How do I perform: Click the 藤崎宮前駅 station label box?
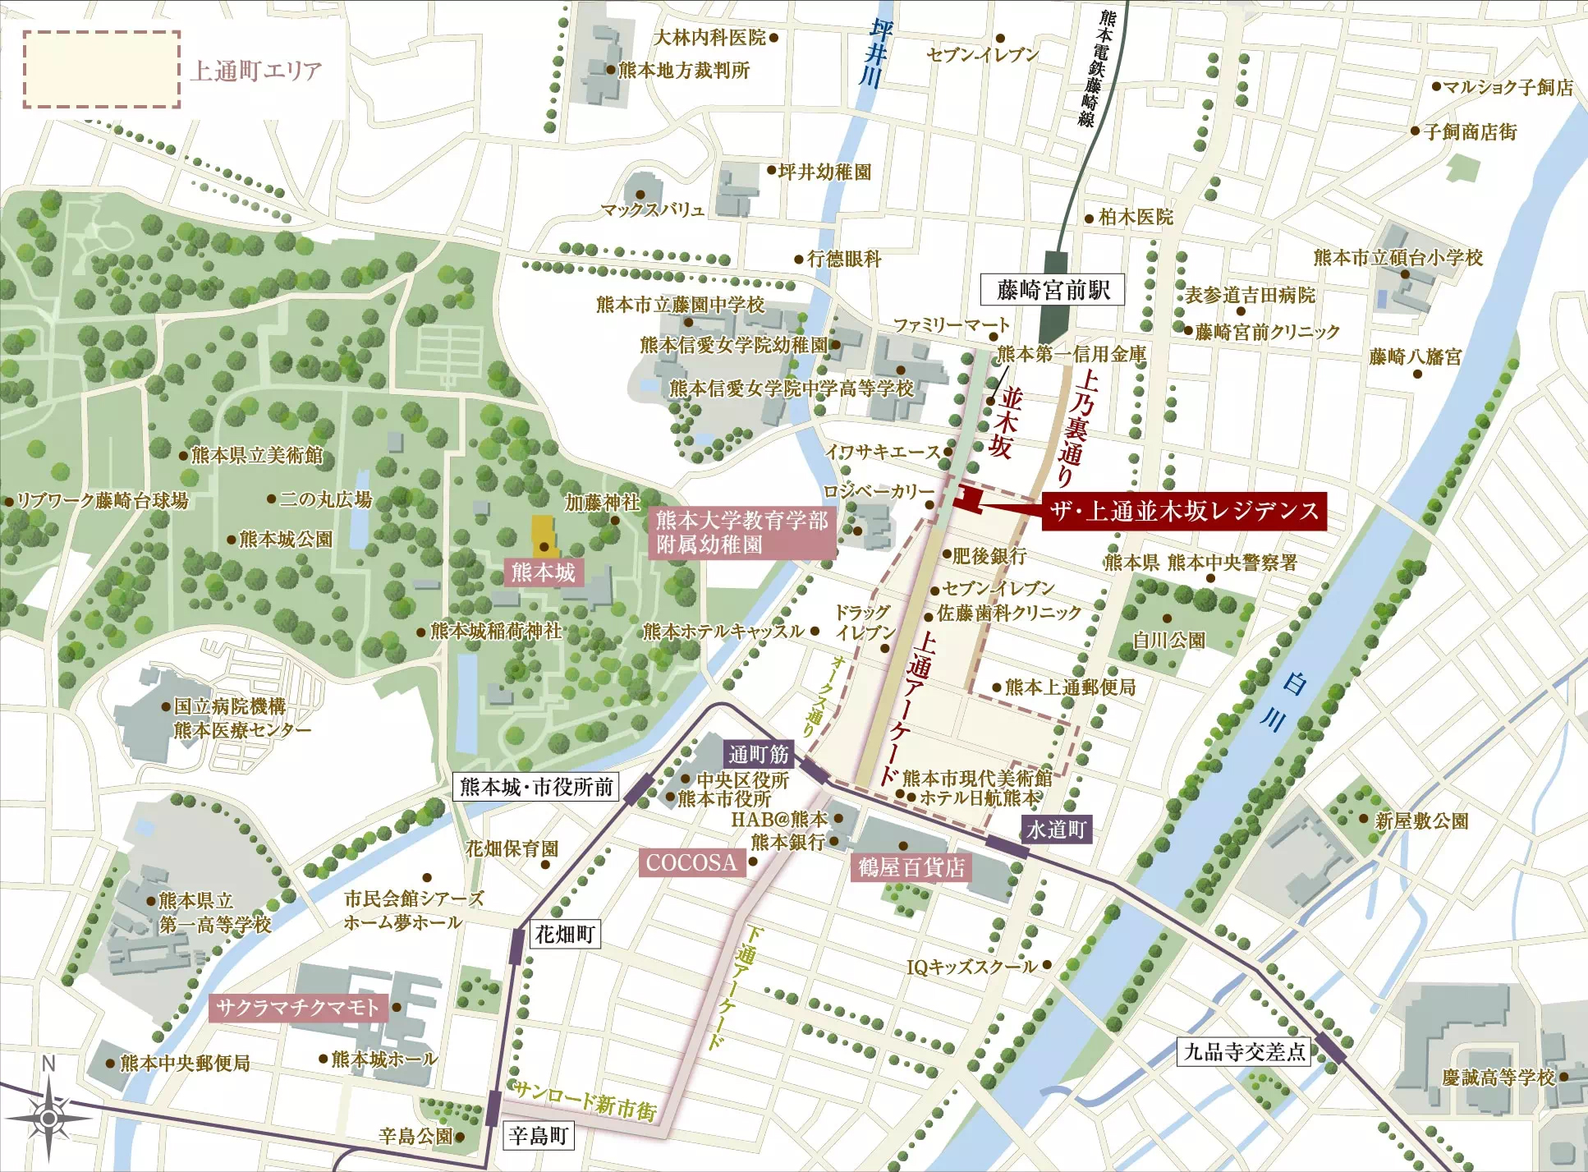point(1053,290)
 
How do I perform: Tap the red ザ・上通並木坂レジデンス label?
point(1183,512)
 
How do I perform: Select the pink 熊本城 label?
point(544,572)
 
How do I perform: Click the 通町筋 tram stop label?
point(758,754)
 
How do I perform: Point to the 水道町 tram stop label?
point(1056,830)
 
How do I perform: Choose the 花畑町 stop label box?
point(564,934)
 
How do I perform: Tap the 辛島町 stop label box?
point(538,1136)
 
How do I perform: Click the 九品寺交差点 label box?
point(1243,1052)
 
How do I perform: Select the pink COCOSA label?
point(691,863)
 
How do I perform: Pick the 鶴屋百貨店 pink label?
point(911,867)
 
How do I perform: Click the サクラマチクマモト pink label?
point(297,1008)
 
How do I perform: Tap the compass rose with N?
point(48,1117)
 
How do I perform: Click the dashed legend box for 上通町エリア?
point(101,70)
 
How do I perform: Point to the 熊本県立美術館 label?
point(256,455)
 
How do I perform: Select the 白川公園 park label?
point(1168,640)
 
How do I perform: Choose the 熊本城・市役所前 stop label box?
point(536,787)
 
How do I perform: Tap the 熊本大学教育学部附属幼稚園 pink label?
point(741,532)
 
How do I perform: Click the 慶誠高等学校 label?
point(1499,1078)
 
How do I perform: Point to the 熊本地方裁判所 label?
point(683,71)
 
